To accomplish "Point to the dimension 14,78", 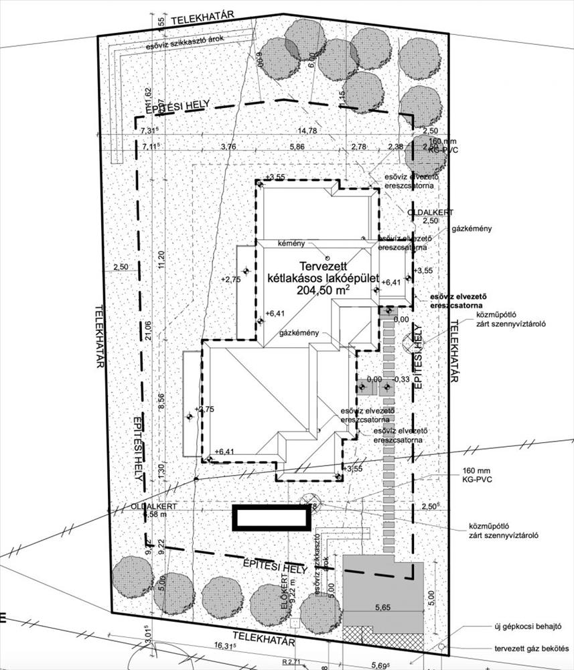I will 308,131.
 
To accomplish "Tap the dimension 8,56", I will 160,400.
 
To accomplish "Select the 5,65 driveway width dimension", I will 382,608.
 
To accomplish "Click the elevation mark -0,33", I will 403,379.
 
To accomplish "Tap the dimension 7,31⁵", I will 151,131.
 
